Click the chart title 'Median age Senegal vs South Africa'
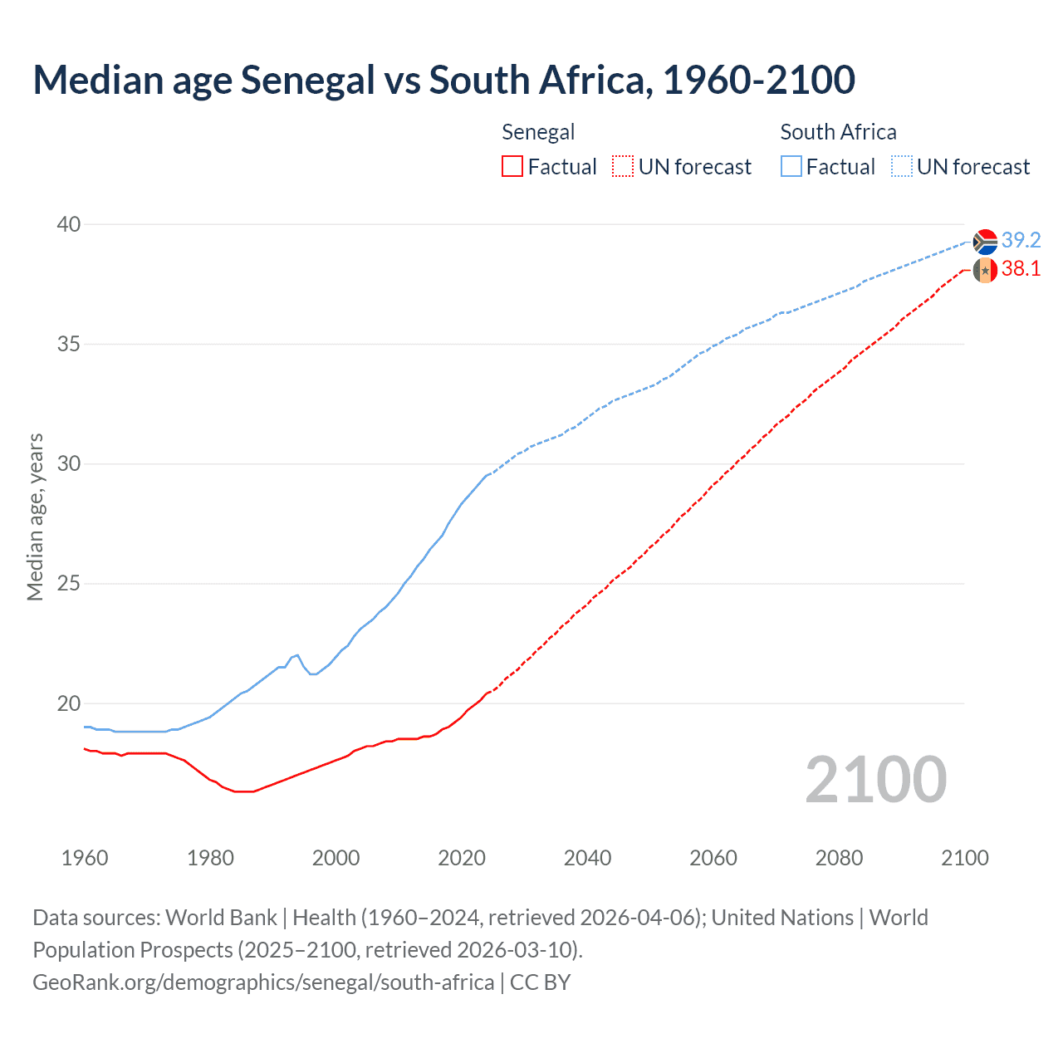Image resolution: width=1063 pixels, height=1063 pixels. coord(443,81)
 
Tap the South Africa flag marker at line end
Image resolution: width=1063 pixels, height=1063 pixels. coord(985,242)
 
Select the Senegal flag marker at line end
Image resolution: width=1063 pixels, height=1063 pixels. coord(985,270)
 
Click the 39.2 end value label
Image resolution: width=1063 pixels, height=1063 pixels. coord(1021,240)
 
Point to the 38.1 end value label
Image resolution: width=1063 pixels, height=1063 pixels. coord(1021,268)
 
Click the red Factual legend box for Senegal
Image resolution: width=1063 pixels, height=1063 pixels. coord(512,167)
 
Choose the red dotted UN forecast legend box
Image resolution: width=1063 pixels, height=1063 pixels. coord(623,167)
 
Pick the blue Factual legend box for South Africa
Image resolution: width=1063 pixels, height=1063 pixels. coord(791,167)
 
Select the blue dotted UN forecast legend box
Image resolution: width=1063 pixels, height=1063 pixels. coord(902,167)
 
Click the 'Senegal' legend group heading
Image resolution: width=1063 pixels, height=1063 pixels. coord(538,132)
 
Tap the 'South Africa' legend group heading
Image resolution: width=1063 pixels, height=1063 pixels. coord(838,132)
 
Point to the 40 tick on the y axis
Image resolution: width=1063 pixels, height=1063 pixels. coord(69,224)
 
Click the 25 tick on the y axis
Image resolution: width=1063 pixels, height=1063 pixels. coord(69,584)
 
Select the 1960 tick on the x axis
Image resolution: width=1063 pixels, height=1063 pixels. coord(85,858)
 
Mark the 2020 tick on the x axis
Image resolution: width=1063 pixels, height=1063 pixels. coord(462,858)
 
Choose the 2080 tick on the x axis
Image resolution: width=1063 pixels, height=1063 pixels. coord(839,858)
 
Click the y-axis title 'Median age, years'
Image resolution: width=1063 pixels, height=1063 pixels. coord(35,517)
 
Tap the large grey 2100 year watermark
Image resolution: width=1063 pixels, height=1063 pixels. coord(875,779)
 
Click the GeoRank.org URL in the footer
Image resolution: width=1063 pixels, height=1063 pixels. coord(263,982)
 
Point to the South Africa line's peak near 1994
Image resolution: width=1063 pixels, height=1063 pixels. coord(297,655)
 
